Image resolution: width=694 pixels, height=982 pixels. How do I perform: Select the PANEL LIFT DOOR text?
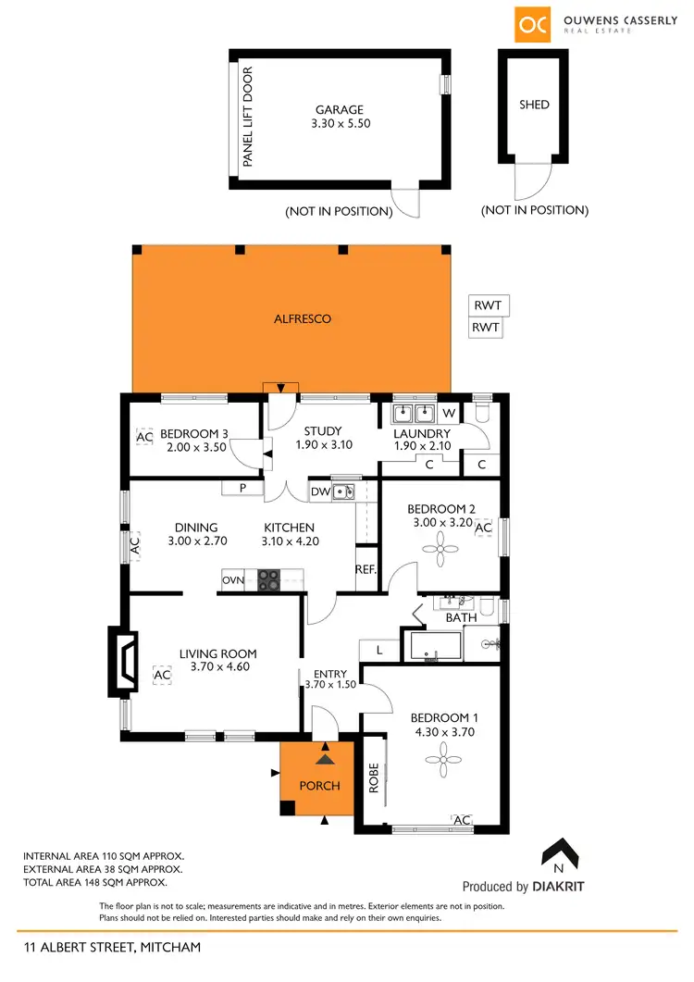[248, 118]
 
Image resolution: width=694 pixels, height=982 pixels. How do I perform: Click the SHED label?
[534, 105]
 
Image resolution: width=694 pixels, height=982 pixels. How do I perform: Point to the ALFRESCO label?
[303, 318]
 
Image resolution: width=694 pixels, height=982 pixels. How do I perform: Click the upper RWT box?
[489, 306]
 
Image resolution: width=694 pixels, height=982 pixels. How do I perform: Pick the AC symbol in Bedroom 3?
[144, 436]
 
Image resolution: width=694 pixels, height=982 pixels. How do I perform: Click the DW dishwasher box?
[319, 491]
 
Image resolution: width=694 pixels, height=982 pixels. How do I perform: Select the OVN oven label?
[232, 580]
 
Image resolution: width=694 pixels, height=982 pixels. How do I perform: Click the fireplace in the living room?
[123, 661]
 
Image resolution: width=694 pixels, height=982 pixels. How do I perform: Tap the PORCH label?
[319, 786]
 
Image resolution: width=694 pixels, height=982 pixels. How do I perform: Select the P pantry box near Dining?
[242, 489]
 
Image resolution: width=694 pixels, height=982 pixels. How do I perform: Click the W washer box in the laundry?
[448, 413]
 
